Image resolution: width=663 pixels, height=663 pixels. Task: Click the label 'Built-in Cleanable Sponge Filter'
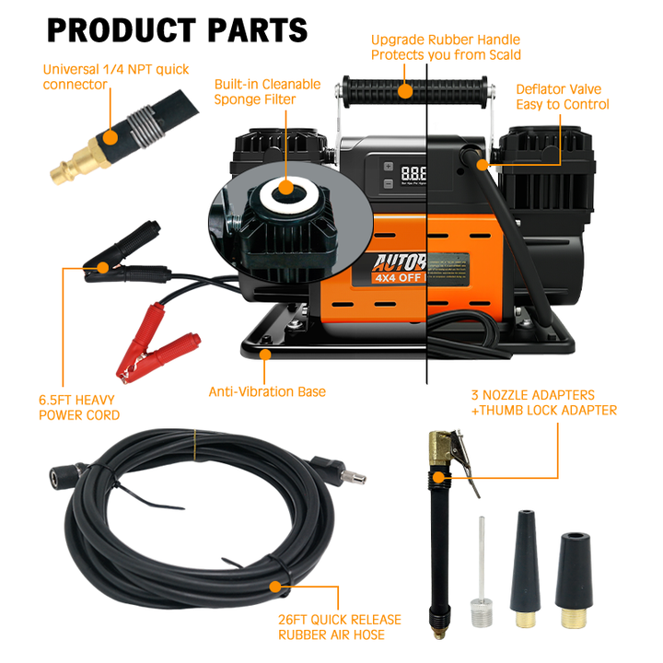(x=267, y=91)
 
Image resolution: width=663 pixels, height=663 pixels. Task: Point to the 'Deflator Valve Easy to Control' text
(x=562, y=97)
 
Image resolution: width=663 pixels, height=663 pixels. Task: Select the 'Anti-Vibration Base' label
(x=267, y=391)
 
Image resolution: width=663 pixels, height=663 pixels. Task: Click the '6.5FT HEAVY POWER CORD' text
(x=79, y=408)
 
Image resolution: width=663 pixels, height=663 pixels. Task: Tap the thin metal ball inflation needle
(x=479, y=571)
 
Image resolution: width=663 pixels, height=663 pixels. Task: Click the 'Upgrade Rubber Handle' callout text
(x=446, y=47)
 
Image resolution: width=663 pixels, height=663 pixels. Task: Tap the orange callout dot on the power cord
(x=104, y=268)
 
